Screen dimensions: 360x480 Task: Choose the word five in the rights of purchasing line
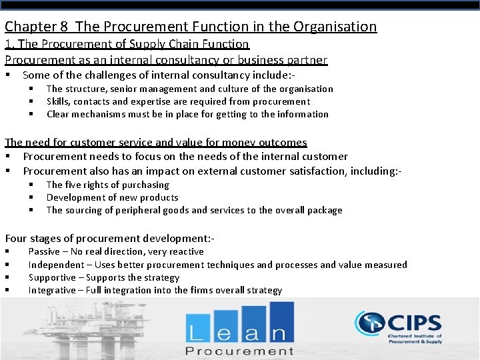[74, 185]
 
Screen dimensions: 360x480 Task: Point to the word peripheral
[126, 210]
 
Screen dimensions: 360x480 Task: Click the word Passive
[44, 251]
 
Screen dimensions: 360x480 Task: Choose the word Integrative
[52, 290]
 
